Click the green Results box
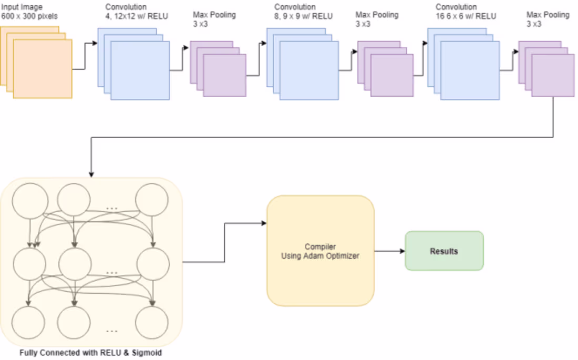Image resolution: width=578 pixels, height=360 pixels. (444, 251)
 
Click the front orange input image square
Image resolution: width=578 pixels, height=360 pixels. (43, 69)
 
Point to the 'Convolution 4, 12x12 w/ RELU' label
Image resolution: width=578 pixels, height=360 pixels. (136, 12)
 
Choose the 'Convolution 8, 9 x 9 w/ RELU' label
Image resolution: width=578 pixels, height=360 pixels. (303, 12)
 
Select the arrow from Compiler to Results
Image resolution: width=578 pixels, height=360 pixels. (389, 251)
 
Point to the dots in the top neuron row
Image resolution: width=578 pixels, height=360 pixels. (112, 209)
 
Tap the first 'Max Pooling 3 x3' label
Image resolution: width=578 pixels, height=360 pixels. (215, 19)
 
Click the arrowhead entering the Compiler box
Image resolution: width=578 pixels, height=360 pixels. (264, 223)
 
